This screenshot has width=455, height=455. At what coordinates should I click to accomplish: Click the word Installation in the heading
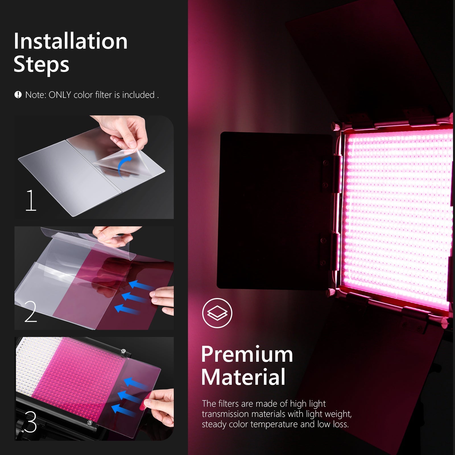pyautogui.click(x=71, y=41)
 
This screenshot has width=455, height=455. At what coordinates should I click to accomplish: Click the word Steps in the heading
pyautogui.click(x=42, y=65)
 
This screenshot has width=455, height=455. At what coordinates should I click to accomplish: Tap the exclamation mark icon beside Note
pyautogui.click(x=18, y=95)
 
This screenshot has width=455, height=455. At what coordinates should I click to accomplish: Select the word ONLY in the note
pyautogui.click(x=60, y=95)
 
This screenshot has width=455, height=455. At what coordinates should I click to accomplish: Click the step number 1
pyautogui.click(x=31, y=200)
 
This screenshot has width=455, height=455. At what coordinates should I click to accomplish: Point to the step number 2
pyautogui.click(x=31, y=312)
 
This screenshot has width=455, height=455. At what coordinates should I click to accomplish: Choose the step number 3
pyautogui.click(x=30, y=422)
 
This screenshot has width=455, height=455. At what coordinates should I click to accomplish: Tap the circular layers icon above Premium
pyautogui.click(x=217, y=313)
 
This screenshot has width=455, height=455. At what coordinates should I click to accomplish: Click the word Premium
pyautogui.click(x=247, y=354)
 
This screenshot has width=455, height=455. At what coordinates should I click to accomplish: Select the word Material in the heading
pyautogui.click(x=243, y=377)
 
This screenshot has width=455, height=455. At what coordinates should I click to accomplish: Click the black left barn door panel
pyautogui.click(x=273, y=210)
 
